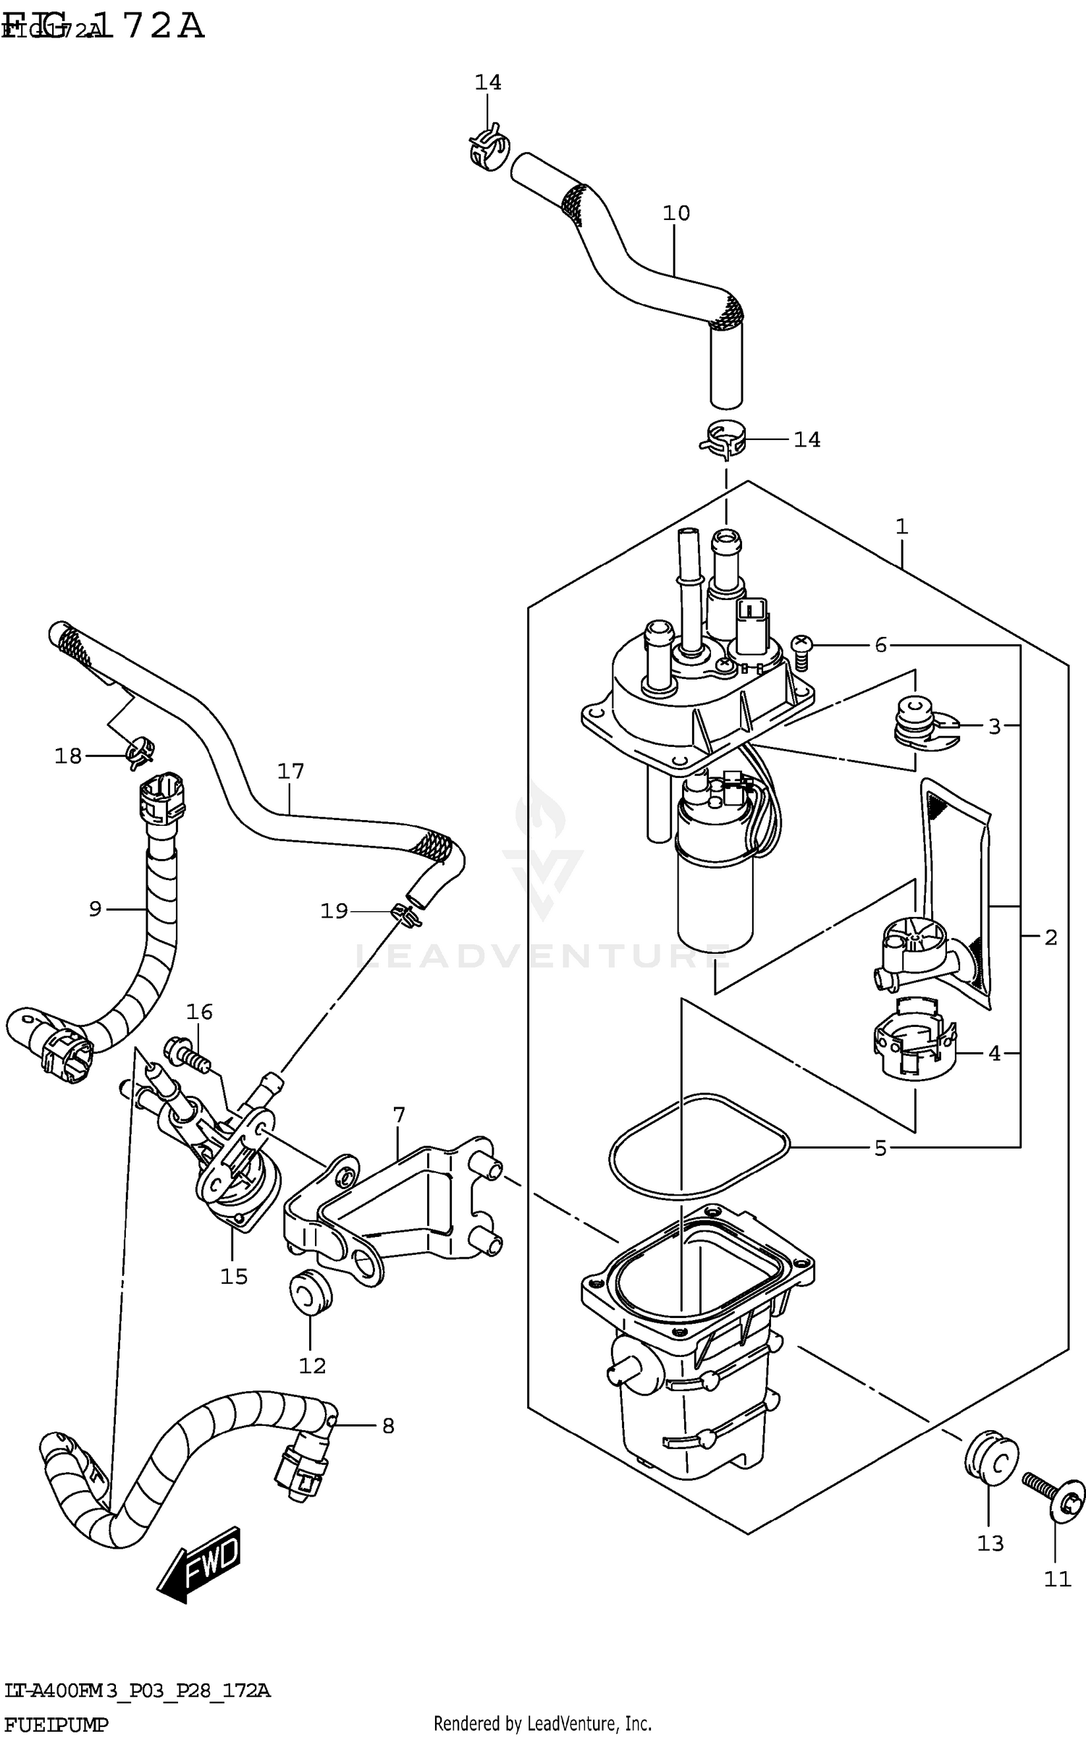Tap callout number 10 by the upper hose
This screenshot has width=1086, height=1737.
pos(676,214)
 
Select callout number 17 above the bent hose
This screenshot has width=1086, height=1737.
pos(290,772)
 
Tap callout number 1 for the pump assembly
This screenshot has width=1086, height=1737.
pos(901,527)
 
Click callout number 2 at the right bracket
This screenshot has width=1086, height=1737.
pos(1051,938)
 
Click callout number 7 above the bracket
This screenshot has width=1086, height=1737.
pos(399,1115)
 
